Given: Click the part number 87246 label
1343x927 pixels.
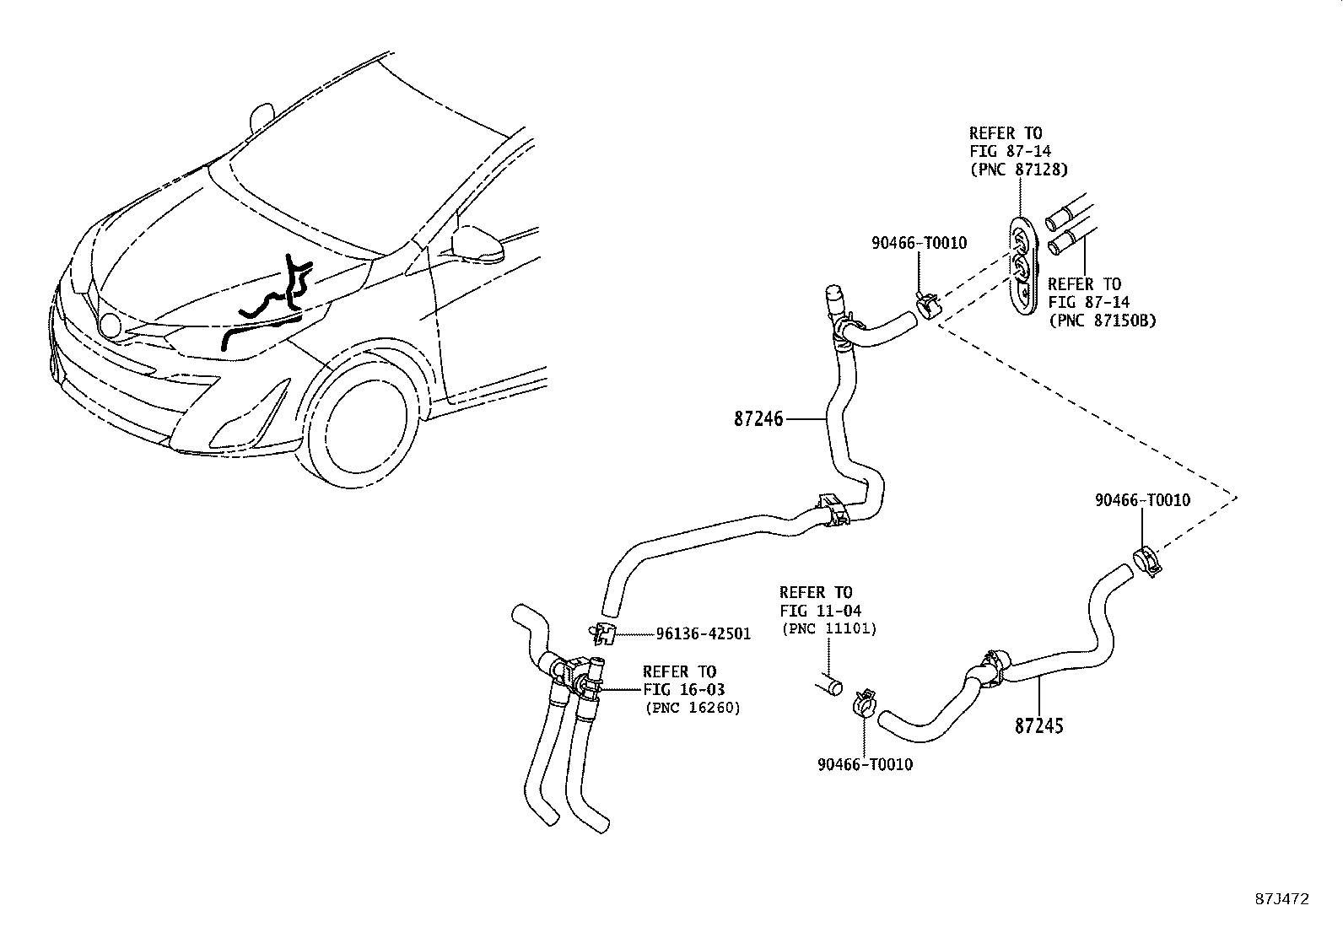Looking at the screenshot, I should pos(758,418).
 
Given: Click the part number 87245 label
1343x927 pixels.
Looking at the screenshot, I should pos(1038,725).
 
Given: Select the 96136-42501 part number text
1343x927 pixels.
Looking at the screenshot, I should pos(704,633).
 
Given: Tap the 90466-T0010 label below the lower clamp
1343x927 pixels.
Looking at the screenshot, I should pos(865,764).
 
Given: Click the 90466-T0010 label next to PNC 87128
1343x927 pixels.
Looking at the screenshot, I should pos(919,243).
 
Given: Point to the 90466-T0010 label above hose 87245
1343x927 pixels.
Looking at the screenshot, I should pos(1142,500).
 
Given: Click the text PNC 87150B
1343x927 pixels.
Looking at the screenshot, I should pos(1102,321).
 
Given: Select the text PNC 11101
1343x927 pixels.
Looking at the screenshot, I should pos(828,628).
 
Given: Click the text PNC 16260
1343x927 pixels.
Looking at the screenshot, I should pos(692,708).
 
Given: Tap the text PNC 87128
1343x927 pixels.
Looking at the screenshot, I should pos(1018,170).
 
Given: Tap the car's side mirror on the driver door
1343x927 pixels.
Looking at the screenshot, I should pos(480,245).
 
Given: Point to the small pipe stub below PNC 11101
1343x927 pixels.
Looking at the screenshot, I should pos(828,684).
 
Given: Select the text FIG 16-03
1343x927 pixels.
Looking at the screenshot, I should pos(683,690).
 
